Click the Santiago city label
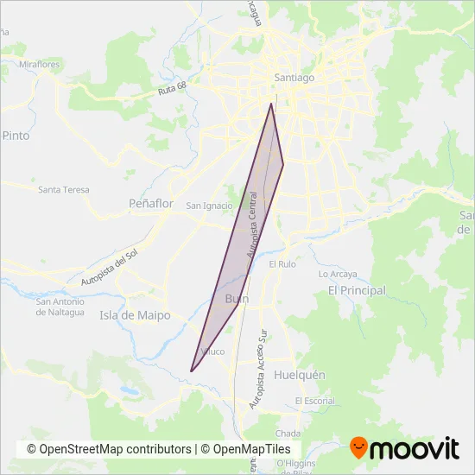tap(294, 78)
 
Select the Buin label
tap(236, 299)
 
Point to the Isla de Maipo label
tap(135, 315)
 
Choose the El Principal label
tap(357, 291)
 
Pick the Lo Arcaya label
tap(338, 274)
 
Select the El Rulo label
tap(283, 263)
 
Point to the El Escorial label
tap(314, 401)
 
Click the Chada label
tap(288, 433)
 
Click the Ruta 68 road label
tap(173, 90)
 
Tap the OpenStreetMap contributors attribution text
tap(109, 449)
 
